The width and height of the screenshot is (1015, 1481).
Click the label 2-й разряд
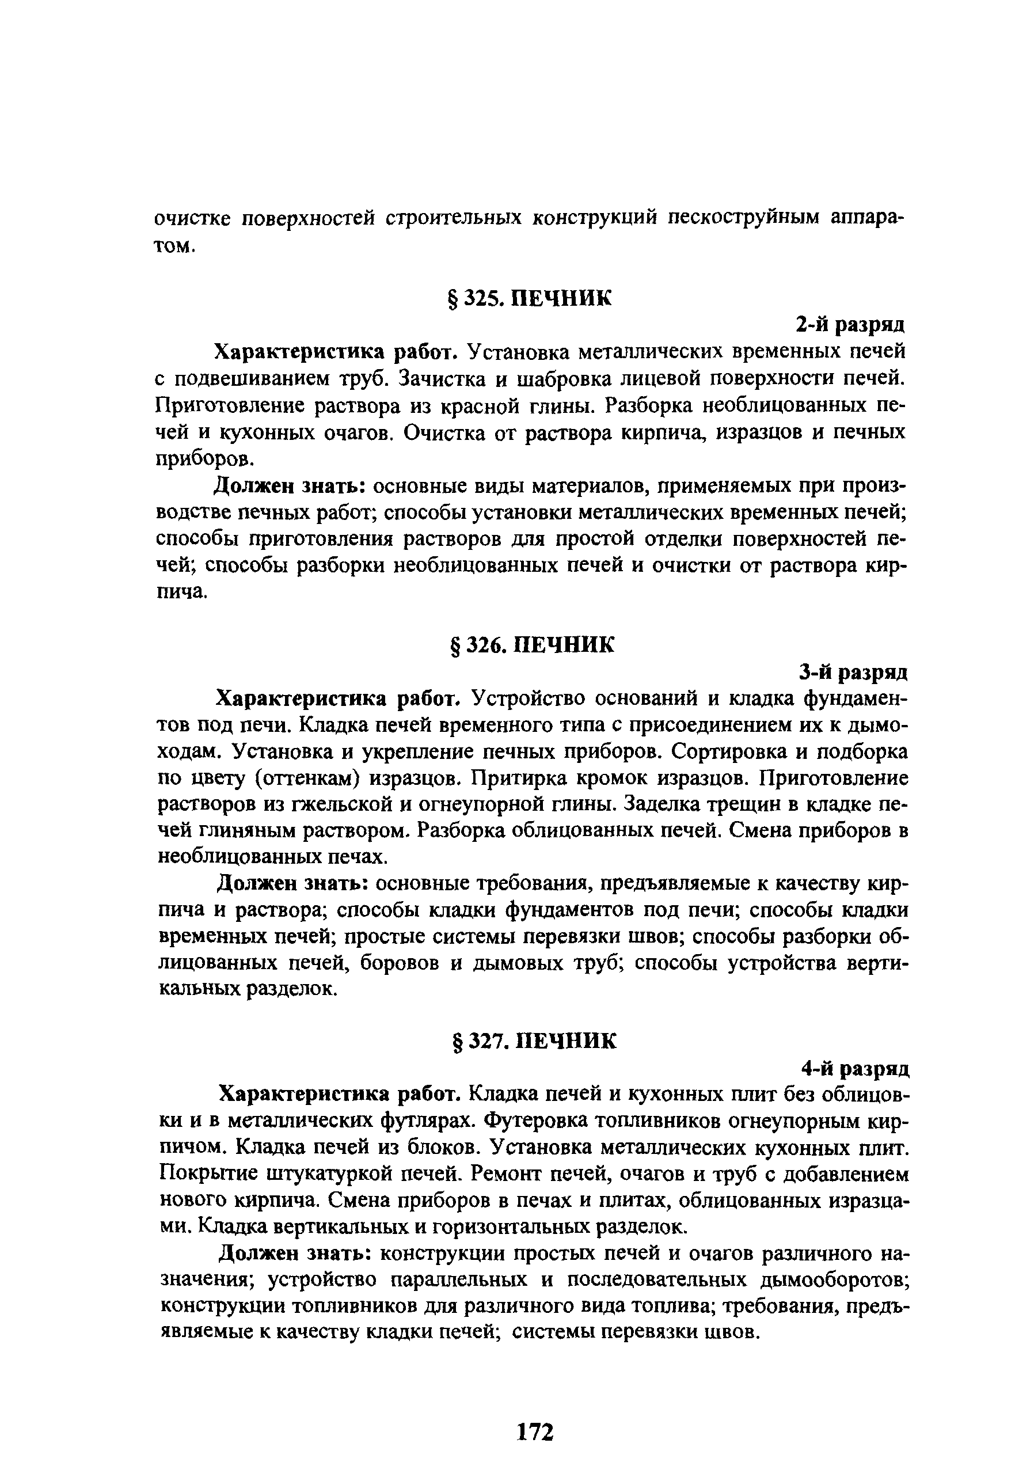850,324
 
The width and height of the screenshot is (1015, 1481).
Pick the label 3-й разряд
853,671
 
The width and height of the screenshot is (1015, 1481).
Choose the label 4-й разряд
854,1068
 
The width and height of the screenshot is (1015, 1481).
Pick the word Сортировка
719,752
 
